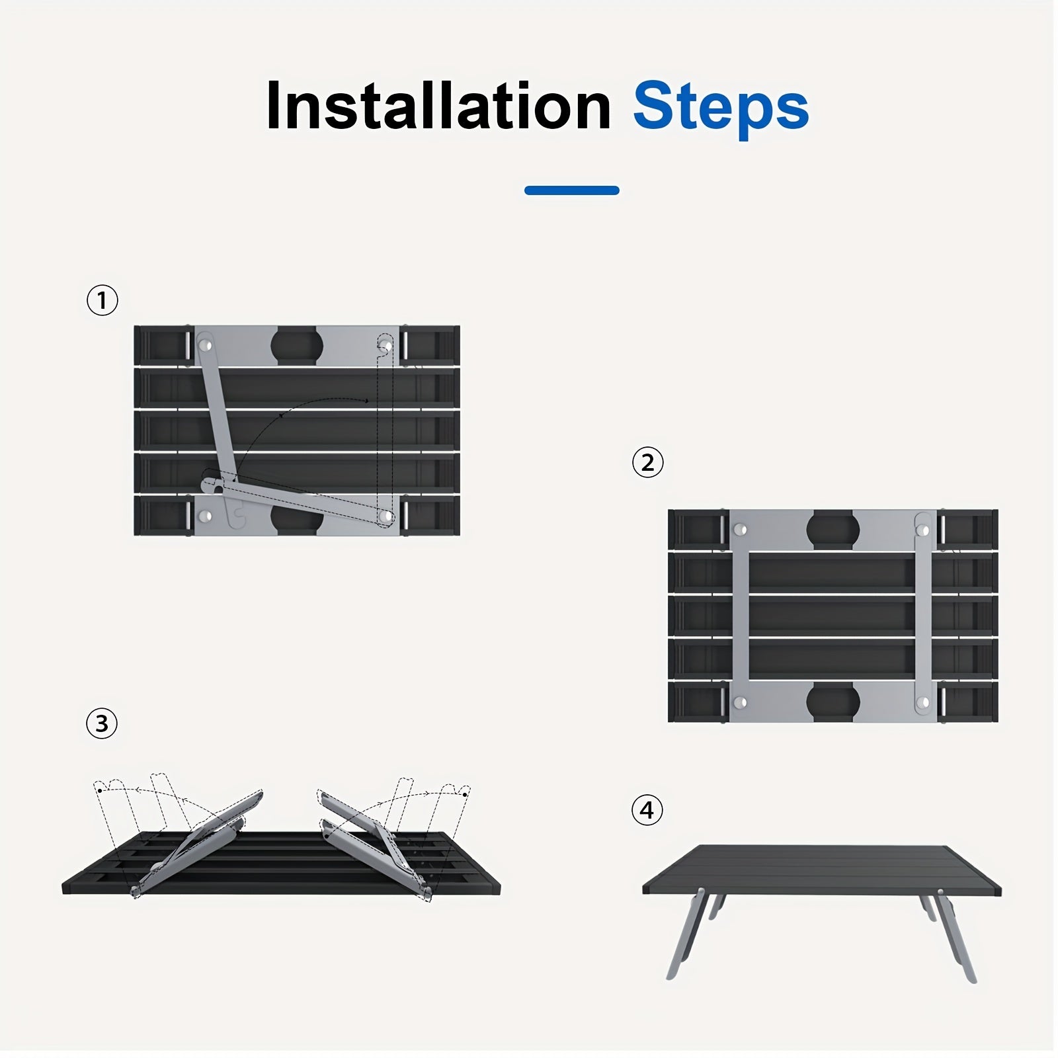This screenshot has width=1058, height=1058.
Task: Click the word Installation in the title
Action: tap(438, 106)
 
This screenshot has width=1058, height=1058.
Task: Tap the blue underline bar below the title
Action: tap(572, 190)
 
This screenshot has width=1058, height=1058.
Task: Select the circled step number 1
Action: tap(102, 300)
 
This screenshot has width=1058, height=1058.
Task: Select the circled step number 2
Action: tap(647, 462)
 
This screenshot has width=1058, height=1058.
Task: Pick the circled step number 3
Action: tap(102, 723)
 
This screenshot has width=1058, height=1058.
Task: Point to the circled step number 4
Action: tap(647, 810)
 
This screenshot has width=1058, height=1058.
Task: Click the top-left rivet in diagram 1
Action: tap(206, 345)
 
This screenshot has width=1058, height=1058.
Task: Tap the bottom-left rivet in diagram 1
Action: tap(206, 516)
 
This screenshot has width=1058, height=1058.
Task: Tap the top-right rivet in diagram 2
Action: tap(924, 530)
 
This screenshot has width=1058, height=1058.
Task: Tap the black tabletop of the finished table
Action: tap(822, 870)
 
